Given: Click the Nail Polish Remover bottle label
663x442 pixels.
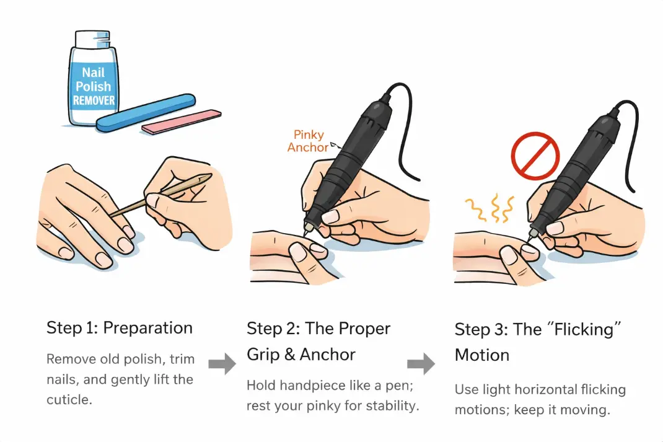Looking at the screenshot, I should pos(94,87).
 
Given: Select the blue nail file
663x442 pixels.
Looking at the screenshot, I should pos(146,113).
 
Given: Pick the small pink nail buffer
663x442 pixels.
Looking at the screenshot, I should pos(181,122).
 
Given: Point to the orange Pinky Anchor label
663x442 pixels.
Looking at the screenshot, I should pos(308,141).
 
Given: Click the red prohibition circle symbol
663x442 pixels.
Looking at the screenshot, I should pos(535,154).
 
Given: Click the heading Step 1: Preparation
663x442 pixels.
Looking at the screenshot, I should pos(120,328).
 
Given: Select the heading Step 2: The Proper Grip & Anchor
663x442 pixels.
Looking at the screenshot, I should pos(318,341).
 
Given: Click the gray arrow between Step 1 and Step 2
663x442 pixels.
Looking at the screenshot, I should pos(221,364).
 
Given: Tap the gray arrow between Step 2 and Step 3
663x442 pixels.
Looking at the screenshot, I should pos(421,364).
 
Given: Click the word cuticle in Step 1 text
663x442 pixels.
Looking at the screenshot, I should pos(68,400).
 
